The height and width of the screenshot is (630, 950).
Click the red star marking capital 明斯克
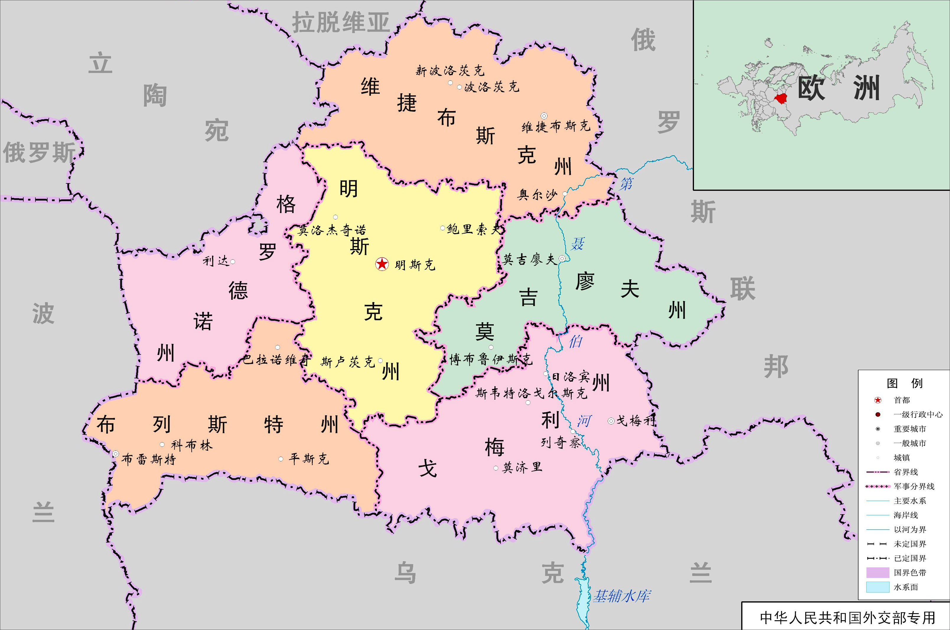point(382,264)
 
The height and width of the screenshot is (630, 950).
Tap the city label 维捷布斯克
point(556,127)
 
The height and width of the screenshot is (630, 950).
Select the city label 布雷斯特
point(149,459)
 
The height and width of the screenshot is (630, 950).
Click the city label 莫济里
point(522,467)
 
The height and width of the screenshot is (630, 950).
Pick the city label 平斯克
point(309,459)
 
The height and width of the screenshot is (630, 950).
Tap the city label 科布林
point(192,445)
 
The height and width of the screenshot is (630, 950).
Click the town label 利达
point(216,261)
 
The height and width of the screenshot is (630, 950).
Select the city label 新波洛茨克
point(450,71)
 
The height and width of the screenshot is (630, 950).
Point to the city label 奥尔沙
point(537,195)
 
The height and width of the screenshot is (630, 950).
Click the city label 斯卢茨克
point(348,362)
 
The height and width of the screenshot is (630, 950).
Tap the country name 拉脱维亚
point(340,22)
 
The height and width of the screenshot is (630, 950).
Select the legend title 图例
point(905,383)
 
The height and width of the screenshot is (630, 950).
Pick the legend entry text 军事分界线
point(914,486)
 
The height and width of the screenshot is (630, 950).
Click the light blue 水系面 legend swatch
point(878,587)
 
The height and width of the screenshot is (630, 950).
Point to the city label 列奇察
point(560,443)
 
